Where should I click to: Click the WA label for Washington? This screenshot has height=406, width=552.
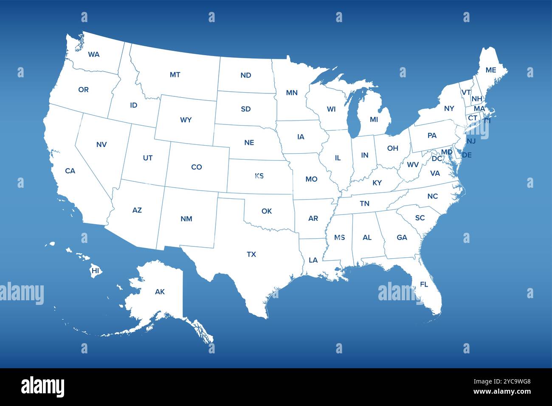click(94, 54)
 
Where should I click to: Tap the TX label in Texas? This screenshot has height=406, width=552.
click(251, 254)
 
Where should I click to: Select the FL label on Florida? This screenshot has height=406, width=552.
click(424, 285)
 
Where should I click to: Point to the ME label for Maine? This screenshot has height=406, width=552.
click(490, 70)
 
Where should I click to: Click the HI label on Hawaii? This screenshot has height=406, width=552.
click(95, 271)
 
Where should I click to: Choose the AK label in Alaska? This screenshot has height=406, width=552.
click(160, 292)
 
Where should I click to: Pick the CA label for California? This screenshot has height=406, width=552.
click(70, 171)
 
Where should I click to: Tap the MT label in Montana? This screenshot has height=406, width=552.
click(175, 75)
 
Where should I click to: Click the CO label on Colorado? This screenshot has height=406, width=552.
click(196, 167)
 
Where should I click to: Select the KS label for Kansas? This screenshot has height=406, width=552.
click(259, 176)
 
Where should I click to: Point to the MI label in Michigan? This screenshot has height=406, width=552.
click(374, 120)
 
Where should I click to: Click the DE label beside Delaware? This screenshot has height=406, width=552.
click(467, 155)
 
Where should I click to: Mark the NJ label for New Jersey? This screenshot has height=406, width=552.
click(471, 141)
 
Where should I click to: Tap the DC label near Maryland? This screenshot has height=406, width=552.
click(437, 159)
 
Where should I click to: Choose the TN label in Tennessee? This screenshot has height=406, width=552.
click(364, 203)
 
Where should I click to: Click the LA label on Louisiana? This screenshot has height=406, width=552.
click(313, 260)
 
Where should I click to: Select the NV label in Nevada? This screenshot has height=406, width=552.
click(101, 144)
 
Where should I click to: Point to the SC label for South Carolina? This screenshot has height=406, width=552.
click(420, 218)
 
